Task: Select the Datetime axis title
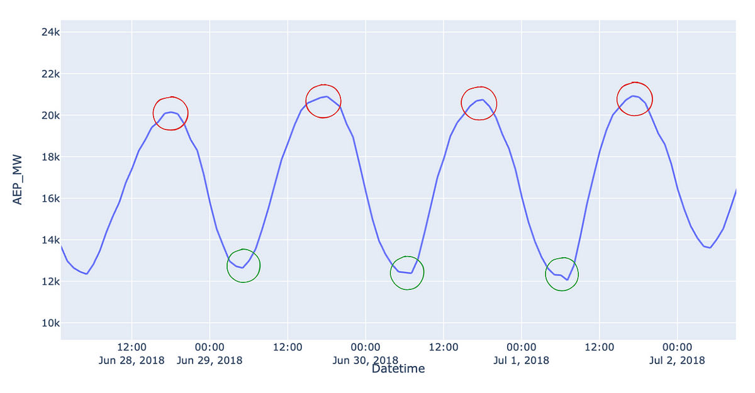[x=398, y=369]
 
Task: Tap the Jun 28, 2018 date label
[x=131, y=360]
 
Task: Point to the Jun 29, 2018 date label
[x=210, y=360]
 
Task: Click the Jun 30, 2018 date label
[x=365, y=360]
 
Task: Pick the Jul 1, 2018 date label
[x=521, y=360]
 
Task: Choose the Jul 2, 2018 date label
[x=677, y=360]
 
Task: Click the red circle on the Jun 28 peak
[x=171, y=113]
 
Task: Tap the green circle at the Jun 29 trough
[x=243, y=265]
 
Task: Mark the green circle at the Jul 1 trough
[x=562, y=274]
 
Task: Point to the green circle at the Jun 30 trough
[x=407, y=273]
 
